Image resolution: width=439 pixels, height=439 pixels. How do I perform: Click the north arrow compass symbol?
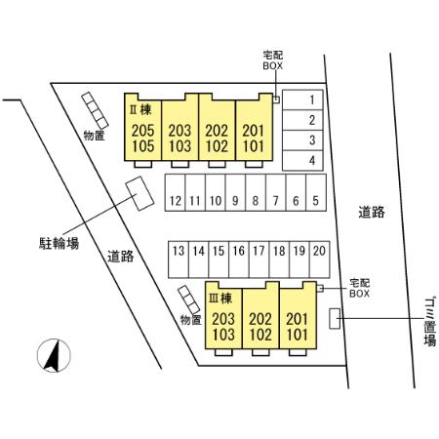(54, 355)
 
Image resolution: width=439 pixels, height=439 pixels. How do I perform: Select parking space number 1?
(302, 100)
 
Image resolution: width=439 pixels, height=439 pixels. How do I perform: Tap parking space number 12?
(176, 192)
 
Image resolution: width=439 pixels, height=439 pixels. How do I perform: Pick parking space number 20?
(320, 259)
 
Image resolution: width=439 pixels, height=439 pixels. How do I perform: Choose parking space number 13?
(179, 259)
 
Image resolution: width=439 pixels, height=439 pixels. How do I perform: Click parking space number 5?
(316, 192)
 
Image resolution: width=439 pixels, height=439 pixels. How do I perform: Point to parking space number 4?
(302, 160)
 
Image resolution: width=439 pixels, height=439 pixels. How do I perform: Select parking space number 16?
(239, 259)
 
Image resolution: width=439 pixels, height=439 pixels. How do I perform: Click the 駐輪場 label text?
(59, 243)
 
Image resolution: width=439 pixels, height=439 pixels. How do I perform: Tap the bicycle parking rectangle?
(140, 193)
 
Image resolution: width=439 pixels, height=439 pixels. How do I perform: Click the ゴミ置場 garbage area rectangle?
(335, 318)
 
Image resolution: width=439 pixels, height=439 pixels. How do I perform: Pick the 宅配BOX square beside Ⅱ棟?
(276, 100)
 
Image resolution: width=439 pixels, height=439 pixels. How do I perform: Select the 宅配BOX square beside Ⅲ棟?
(320, 288)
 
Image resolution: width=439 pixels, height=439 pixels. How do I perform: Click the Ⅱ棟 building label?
(140, 110)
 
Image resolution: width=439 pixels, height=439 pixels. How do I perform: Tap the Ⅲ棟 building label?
(220, 299)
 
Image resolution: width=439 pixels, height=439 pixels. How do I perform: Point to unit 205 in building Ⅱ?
(142, 131)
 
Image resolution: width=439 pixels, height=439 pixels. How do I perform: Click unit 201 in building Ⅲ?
(298, 319)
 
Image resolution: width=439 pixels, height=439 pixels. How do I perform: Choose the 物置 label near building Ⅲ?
(191, 320)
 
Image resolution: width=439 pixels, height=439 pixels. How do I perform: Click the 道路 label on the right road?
(372, 212)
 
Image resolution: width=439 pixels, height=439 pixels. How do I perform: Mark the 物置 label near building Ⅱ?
(94, 136)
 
